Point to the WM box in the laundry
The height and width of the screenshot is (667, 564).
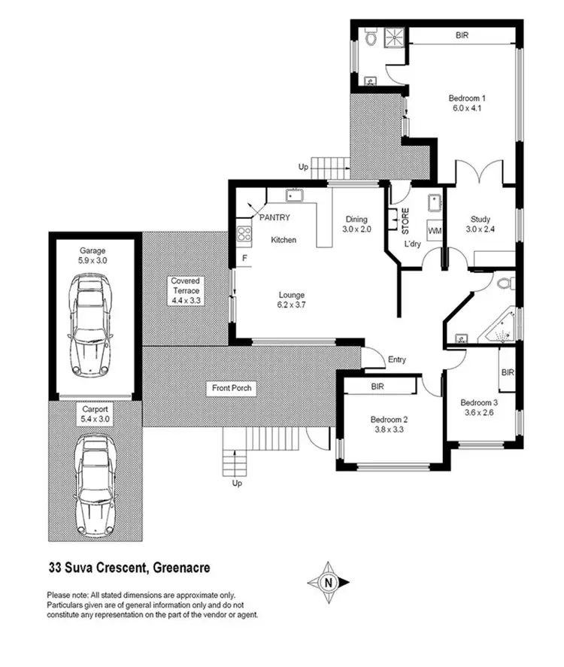coord(434,229)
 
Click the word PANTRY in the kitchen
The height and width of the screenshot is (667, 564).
coord(274,217)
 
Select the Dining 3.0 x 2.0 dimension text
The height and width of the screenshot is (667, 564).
coord(356,224)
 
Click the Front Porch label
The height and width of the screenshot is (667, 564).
coord(232,389)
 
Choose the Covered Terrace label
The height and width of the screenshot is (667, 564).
coord(185,290)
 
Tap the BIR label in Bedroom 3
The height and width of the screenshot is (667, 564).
coord(508,372)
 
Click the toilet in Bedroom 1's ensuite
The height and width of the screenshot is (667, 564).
coord(371,38)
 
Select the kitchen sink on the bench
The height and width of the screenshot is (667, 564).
coord(294,197)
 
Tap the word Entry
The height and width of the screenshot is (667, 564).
coord(396,359)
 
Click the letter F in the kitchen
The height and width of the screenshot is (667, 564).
coord(244,259)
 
